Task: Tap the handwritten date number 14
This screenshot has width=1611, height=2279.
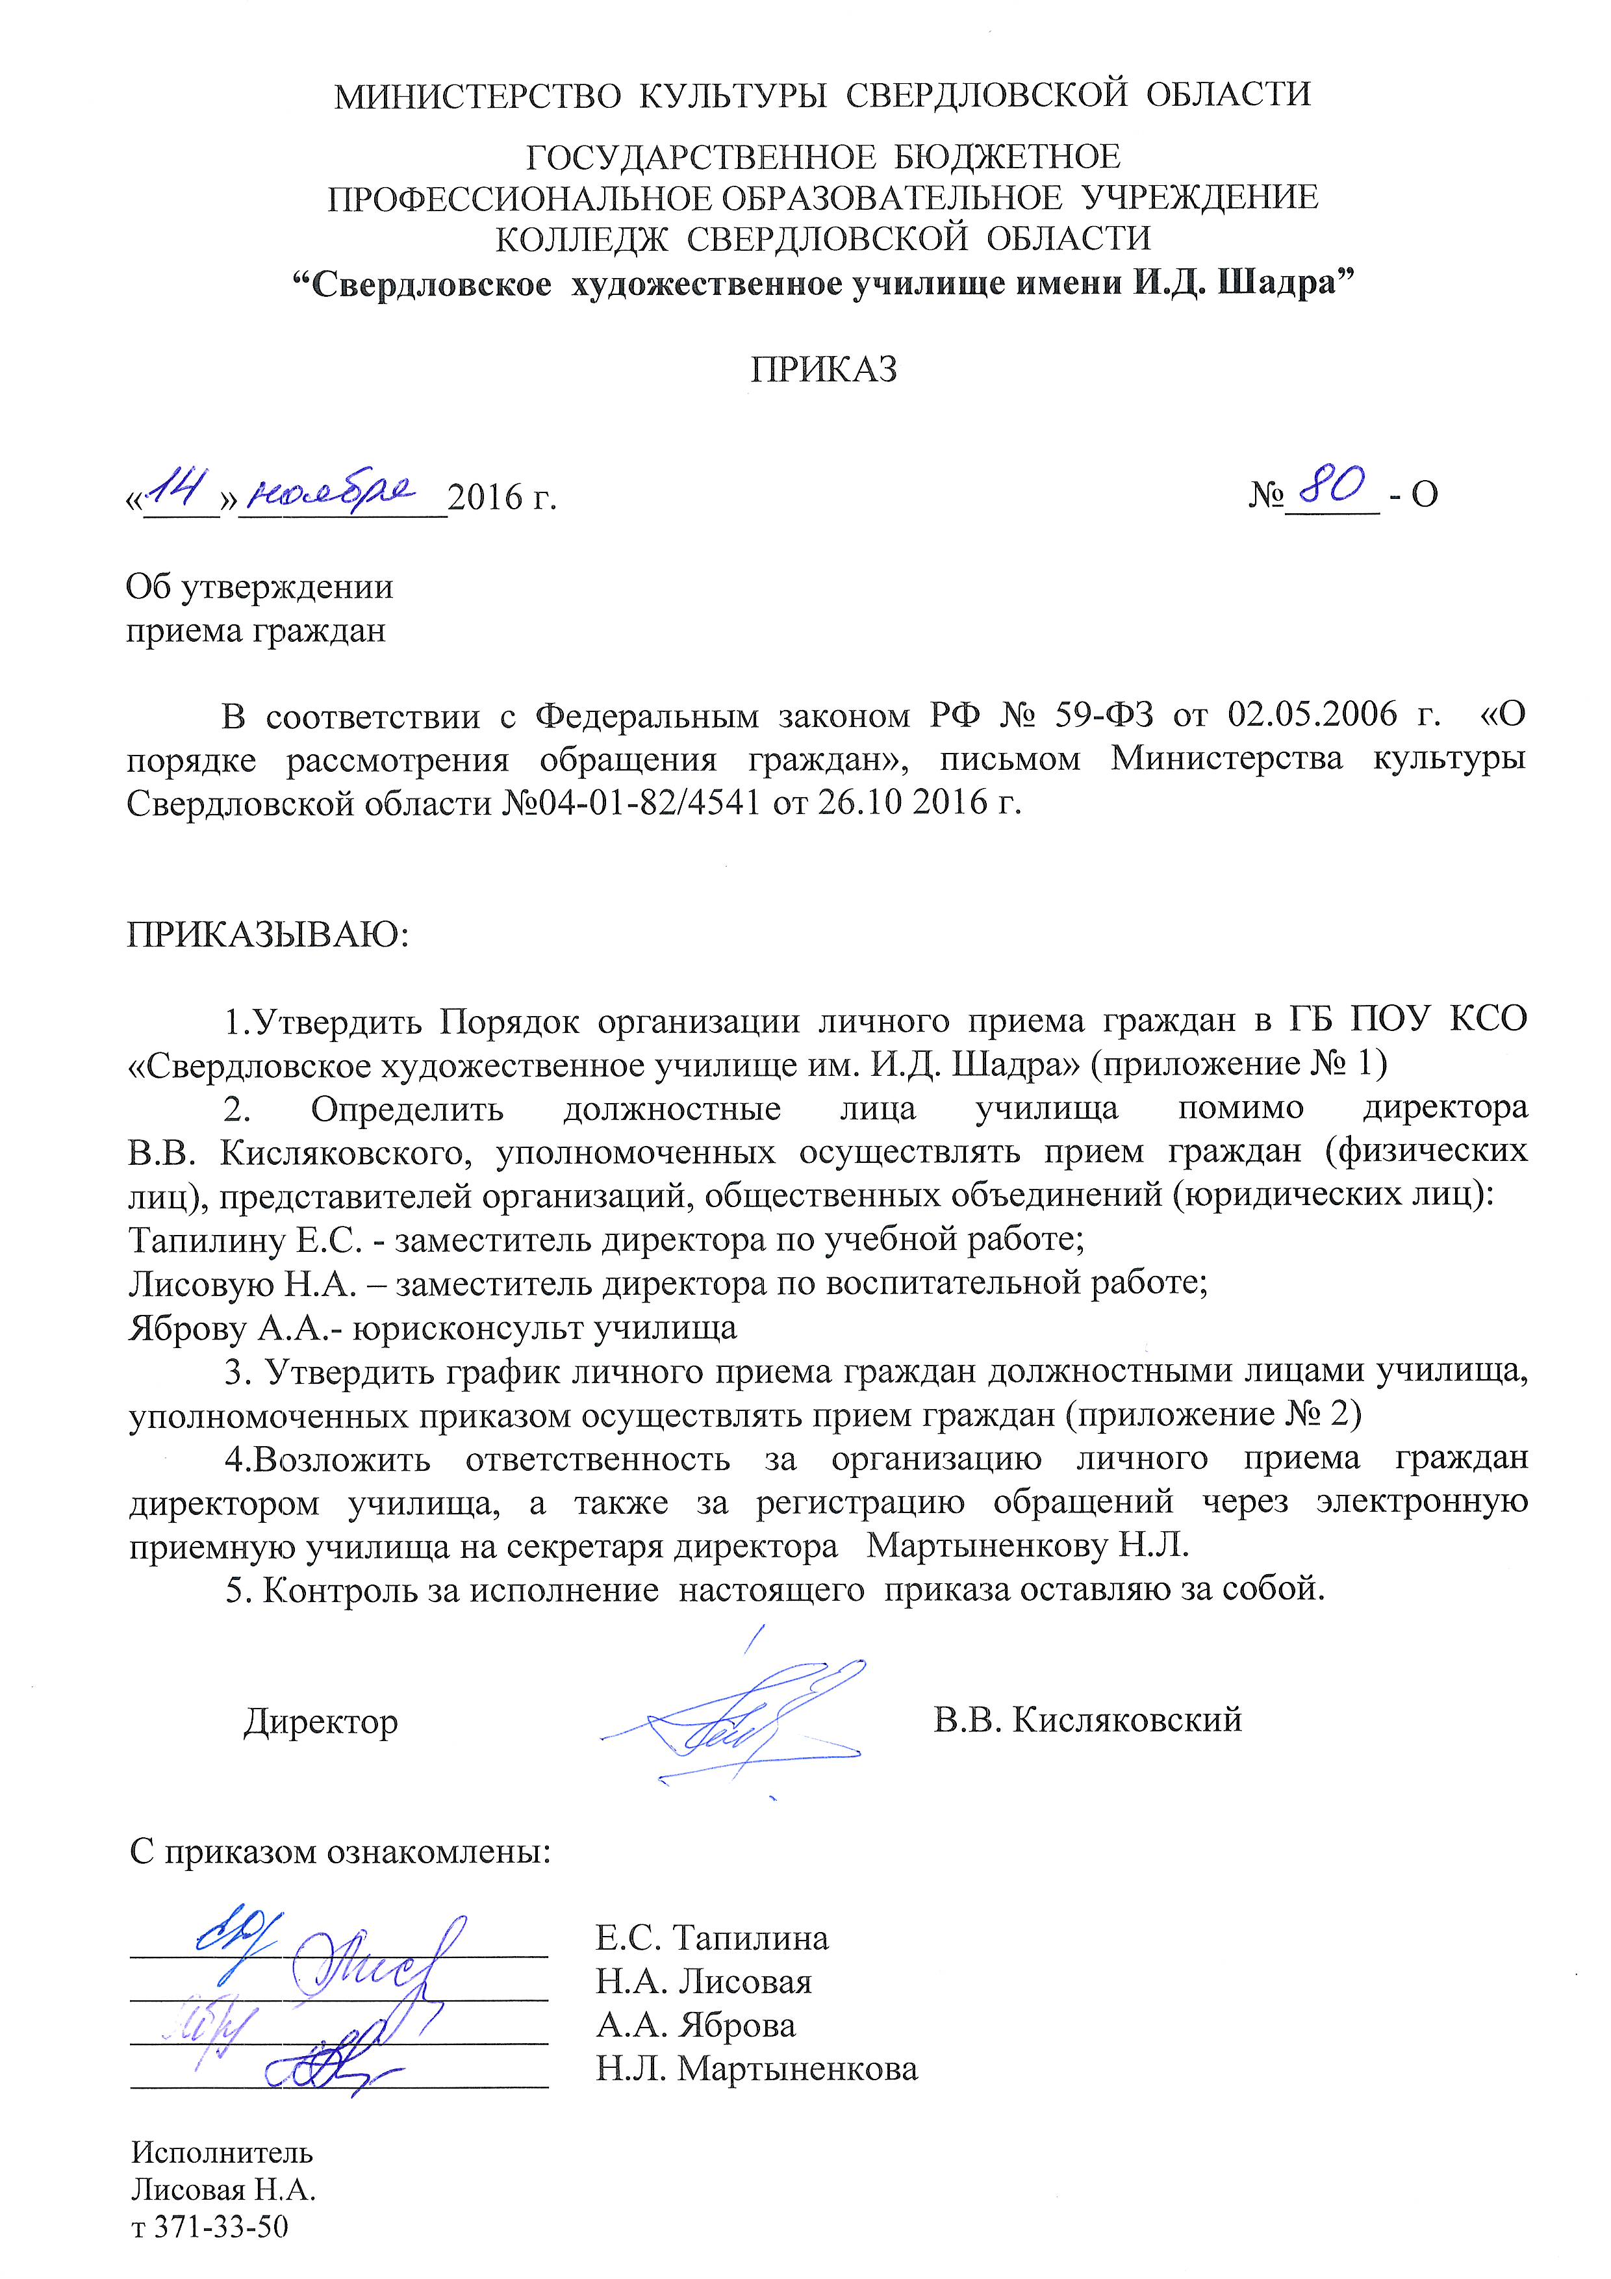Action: (x=179, y=489)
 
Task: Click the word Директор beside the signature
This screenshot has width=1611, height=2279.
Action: (x=321, y=1721)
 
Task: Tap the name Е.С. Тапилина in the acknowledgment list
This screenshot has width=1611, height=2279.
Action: (x=712, y=1937)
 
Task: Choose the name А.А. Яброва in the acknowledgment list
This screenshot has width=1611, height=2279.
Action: (x=695, y=2026)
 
